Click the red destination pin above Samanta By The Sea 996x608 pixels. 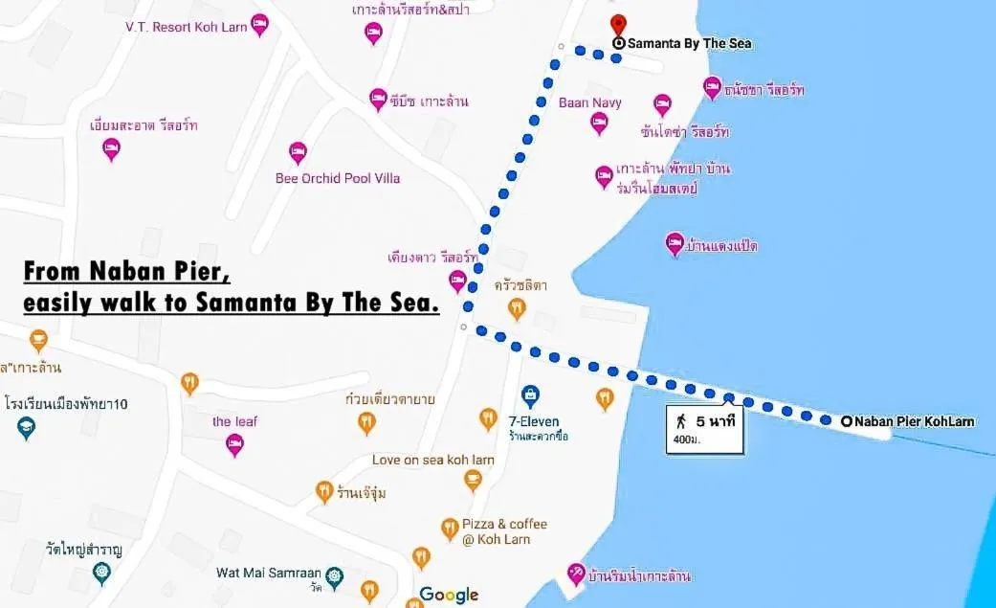pos(618,23)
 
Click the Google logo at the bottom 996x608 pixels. pos(449,595)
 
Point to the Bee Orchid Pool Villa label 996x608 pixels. pos(338,178)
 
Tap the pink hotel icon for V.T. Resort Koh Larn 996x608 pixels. pos(259,25)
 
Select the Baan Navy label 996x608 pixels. pos(590,102)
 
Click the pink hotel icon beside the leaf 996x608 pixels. pos(234,444)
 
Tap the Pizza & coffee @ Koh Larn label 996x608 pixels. pos(504,530)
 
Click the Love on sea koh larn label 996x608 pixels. pos(433,460)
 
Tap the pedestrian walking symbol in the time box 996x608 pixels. pos(681,420)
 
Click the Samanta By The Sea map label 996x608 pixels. pos(689,43)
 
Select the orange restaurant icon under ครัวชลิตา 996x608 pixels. pos(517,308)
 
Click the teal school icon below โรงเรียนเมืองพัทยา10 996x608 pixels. pos(27,428)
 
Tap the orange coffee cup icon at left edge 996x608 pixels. pos(38,340)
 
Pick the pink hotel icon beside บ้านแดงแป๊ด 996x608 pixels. pos(675,244)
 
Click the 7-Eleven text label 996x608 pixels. pos(535,421)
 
